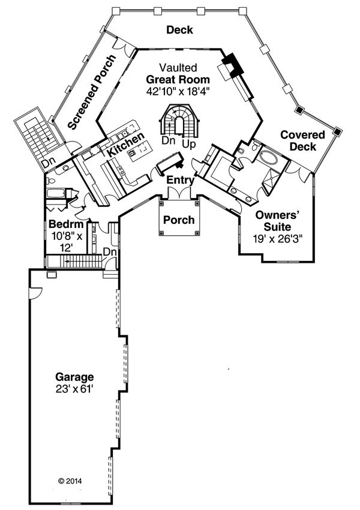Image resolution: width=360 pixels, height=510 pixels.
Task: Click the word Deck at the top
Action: tap(179, 30)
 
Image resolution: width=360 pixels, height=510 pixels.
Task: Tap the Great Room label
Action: tap(179, 79)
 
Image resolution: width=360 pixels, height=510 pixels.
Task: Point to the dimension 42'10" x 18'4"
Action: tap(179, 91)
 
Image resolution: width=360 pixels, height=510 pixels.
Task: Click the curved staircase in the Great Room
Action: tap(179, 119)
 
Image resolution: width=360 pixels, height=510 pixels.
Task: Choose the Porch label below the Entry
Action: tap(179, 220)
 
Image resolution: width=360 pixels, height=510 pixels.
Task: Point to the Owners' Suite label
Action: tap(277, 221)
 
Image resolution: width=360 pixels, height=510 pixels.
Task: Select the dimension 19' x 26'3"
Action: tap(277, 238)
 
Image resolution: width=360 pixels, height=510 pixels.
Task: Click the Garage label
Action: tap(74, 377)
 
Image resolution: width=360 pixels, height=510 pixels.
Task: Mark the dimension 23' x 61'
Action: tap(74, 389)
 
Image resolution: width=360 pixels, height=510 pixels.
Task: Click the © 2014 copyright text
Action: tap(70, 481)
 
